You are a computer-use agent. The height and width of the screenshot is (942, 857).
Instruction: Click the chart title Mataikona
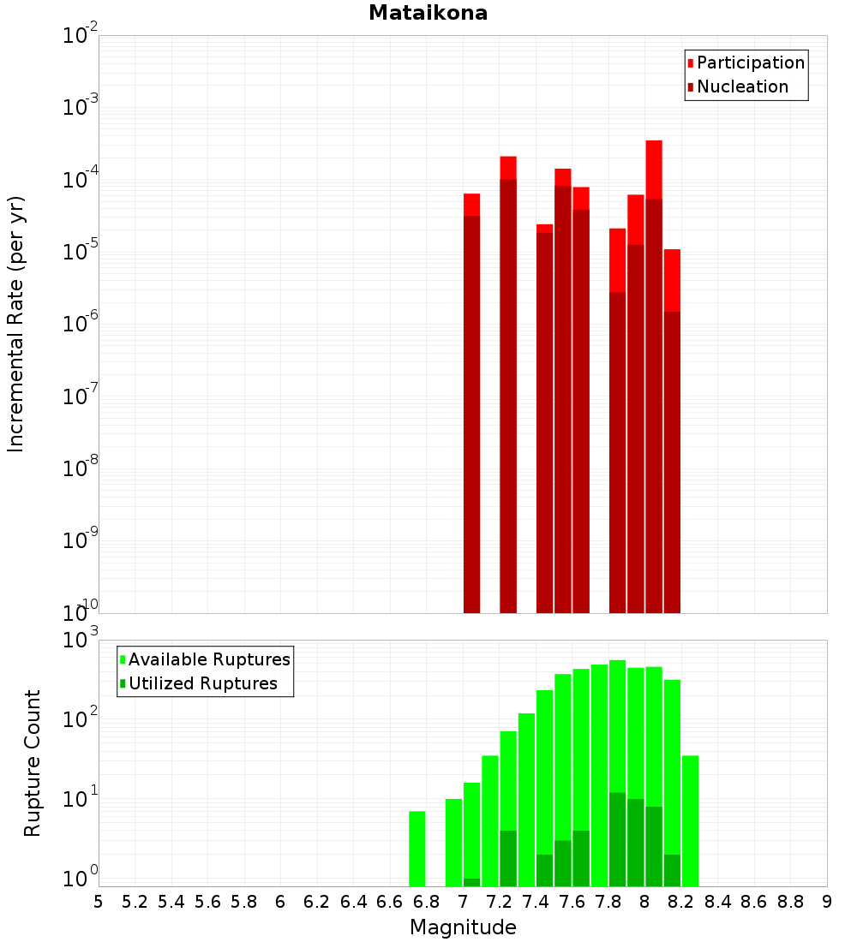pyautogui.click(x=428, y=13)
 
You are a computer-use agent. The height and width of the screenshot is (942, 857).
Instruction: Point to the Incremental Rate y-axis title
pyautogui.click(x=16, y=325)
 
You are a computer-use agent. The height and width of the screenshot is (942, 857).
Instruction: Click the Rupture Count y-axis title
pyautogui.click(x=33, y=762)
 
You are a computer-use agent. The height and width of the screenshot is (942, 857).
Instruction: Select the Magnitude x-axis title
pyautogui.click(x=463, y=927)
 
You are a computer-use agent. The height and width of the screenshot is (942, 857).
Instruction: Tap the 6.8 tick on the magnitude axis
pyautogui.click(x=426, y=902)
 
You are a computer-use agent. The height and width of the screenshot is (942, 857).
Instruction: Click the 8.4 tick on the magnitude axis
pyautogui.click(x=717, y=902)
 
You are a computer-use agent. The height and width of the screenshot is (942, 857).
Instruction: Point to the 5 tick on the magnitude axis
pyautogui.click(x=99, y=902)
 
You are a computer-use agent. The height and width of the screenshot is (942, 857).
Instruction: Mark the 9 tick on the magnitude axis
pyautogui.click(x=827, y=902)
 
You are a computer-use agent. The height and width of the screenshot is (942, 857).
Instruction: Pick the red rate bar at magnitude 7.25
pyautogui.click(x=508, y=385)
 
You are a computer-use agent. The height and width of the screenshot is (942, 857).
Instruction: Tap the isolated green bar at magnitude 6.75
pyautogui.click(x=417, y=848)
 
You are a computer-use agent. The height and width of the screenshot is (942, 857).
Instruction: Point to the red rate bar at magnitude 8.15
pyautogui.click(x=672, y=428)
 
